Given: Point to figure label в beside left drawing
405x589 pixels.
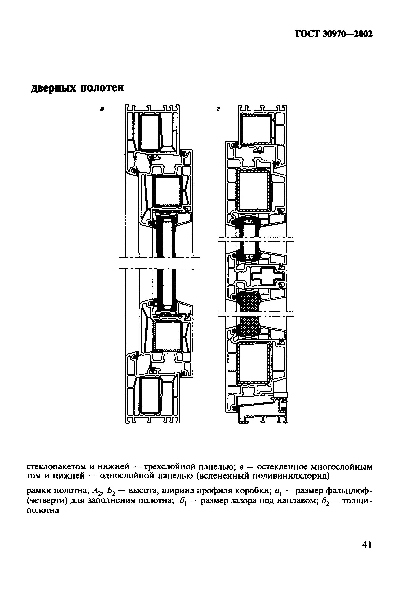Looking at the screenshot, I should point(102,110).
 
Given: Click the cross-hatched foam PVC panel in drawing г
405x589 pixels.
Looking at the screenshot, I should point(250,313).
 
